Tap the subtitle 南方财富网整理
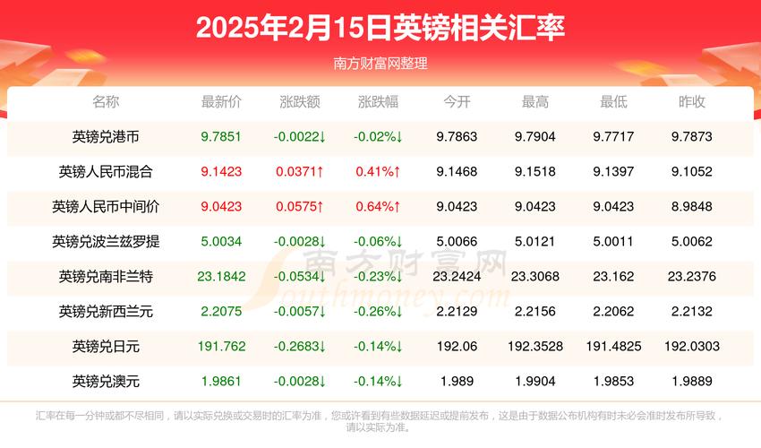380,64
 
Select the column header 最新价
221,102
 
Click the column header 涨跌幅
378,102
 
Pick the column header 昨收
692,102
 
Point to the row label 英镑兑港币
106,137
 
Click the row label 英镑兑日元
106,346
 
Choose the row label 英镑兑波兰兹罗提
106,242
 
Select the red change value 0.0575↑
300,207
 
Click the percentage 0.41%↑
378,172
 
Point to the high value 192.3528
535,346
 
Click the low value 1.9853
613,381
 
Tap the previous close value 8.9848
692,207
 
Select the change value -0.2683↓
300,346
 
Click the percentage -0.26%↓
378,312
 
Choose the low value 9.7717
613,137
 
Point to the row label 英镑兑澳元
106,381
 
